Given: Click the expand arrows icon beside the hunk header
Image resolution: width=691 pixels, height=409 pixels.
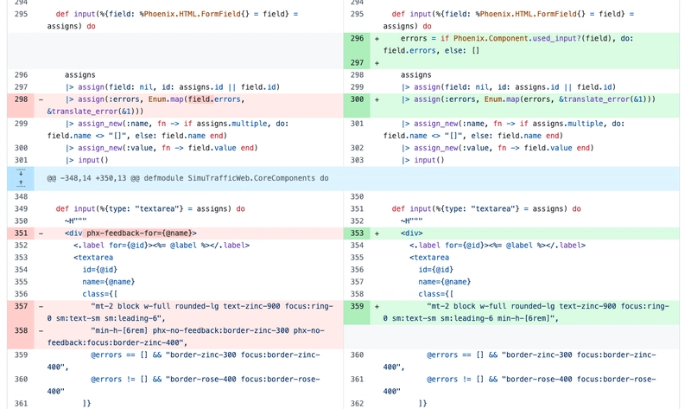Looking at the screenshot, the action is [21, 178].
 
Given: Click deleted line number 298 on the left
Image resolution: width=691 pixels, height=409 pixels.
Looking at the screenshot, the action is [21, 99].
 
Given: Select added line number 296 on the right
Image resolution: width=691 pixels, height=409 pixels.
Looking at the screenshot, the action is [357, 38].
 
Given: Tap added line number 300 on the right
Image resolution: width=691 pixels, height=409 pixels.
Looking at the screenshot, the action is [357, 99].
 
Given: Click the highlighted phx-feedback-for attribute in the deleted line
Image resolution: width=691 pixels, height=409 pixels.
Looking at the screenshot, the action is [142, 233].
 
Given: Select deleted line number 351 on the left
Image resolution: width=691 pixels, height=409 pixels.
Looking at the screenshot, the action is [21, 233].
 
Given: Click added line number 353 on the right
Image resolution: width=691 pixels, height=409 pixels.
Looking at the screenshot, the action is [357, 233].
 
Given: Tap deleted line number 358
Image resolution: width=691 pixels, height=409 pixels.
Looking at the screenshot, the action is [21, 330].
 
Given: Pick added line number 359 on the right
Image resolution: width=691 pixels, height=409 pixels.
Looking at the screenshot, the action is [357, 306].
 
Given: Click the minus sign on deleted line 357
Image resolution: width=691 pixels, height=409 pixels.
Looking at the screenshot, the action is [41, 306].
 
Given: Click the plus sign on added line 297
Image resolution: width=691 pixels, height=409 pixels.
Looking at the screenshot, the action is [377, 63].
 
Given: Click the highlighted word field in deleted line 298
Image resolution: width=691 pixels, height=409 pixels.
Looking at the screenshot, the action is [201, 99].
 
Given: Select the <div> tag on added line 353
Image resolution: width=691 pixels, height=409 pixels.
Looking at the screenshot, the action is [412, 233].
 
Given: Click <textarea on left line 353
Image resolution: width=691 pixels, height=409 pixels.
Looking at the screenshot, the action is [93, 257].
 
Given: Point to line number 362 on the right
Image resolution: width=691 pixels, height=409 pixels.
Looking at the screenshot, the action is [357, 403].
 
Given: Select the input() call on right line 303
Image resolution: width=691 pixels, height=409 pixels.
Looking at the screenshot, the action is [428, 160].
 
